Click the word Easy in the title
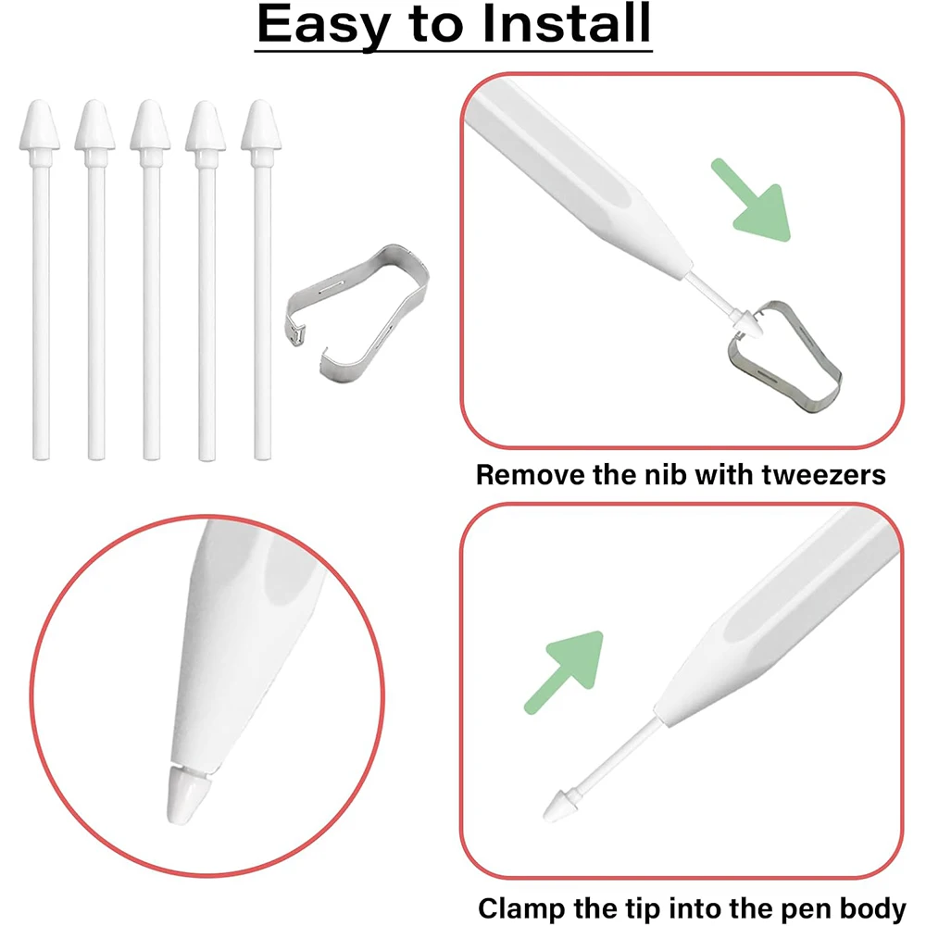[322, 25]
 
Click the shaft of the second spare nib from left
[96, 307]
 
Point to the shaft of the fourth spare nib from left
[206, 307]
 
